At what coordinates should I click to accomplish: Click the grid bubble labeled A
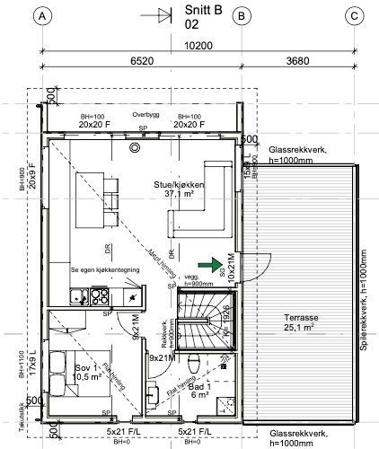(44, 16)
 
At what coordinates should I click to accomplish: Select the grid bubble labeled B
(241, 16)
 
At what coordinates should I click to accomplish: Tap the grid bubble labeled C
(354, 16)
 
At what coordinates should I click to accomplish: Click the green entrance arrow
(209, 265)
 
